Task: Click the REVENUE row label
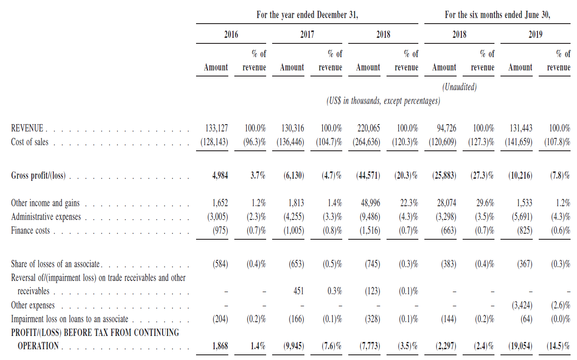click(x=27, y=128)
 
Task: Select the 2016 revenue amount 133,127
click(x=217, y=128)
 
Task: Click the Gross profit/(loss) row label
click(x=38, y=176)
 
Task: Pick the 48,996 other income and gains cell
click(x=371, y=203)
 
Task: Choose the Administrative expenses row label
click(x=46, y=217)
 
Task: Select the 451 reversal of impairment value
click(x=298, y=291)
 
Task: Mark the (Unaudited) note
click(x=460, y=87)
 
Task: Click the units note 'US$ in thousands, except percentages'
click(x=383, y=101)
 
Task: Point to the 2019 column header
click(x=536, y=34)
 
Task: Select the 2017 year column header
click(x=307, y=34)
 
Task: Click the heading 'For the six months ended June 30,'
click(x=497, y=15)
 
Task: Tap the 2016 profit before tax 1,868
click(x=220, y=346)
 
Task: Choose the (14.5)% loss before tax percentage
click(x=558, y=346)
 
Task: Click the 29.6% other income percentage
click(x=485, y=203)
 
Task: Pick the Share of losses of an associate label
click(x=55, y=264)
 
